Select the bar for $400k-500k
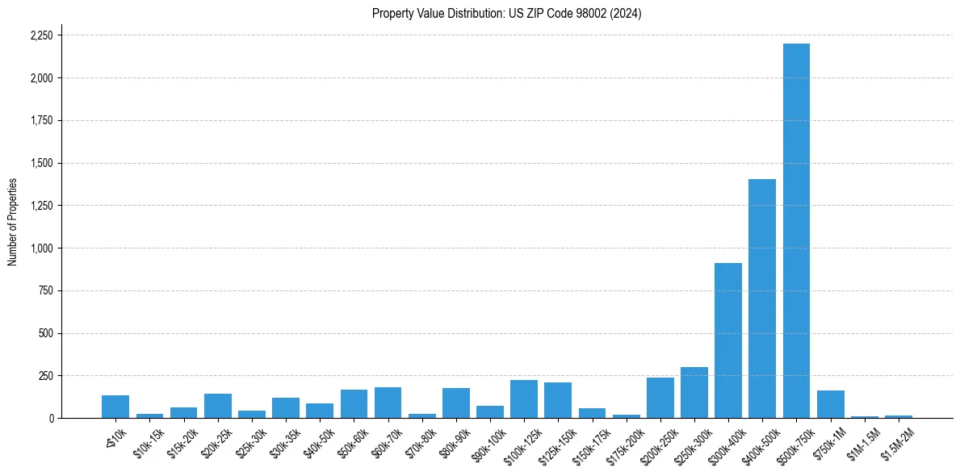pos(762,299)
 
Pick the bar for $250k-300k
pos(694,393)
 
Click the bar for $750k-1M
pos(830,404)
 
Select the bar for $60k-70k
pos(388,403)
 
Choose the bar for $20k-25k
pos(218,406)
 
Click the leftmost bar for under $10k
pos(115,407)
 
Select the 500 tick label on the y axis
pos(47,333)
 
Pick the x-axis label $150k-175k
pos(588,443)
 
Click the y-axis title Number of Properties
pos(13,222)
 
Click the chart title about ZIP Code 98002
pos(506,14)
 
